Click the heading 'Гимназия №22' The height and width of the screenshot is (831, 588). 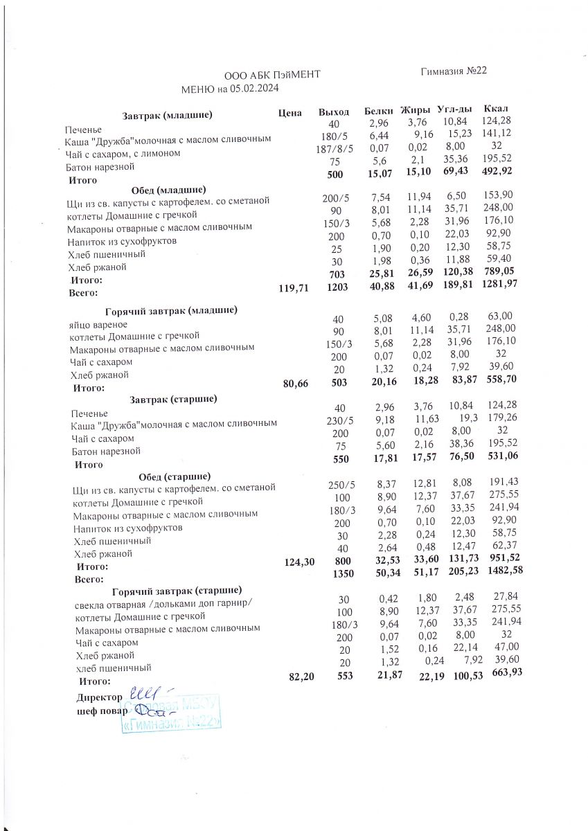click(454, 71)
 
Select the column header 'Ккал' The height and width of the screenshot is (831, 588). click(496, 109)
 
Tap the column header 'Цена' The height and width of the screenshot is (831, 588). click(289, 111)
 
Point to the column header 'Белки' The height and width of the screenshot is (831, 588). click(379, 111)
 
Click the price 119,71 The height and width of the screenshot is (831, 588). click(292, 289)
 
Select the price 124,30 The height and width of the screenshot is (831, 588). click(300, 562)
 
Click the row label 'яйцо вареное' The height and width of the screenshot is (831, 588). click(98, 324)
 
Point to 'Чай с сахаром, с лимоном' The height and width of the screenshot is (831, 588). click(123, 154)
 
